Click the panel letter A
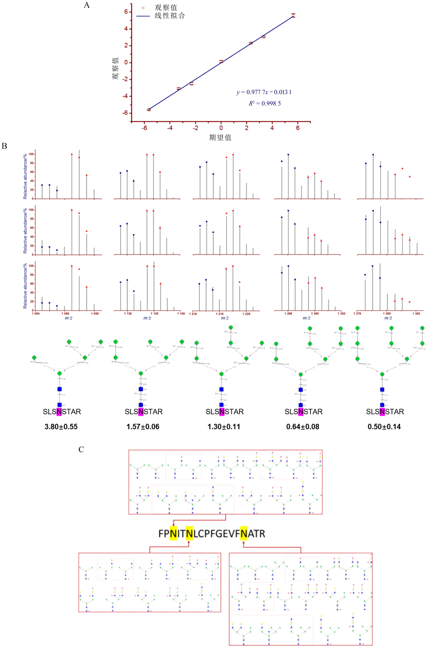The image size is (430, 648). pos(87,5)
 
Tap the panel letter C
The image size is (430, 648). pos(81,449)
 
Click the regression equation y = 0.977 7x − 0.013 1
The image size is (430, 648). pos(264,92)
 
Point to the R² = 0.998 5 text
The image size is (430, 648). pos(265,103)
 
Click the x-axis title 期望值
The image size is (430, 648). pos(220,137)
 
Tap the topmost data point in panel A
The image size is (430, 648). pos(293,15)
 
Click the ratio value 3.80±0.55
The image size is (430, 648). pos(61,427)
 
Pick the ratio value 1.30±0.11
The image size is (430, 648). pos(224,427)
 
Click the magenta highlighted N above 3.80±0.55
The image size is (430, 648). pos(59,412)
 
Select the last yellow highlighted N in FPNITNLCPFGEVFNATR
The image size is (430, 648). pos(244,534)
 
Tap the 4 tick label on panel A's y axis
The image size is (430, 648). pos(126,29)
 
